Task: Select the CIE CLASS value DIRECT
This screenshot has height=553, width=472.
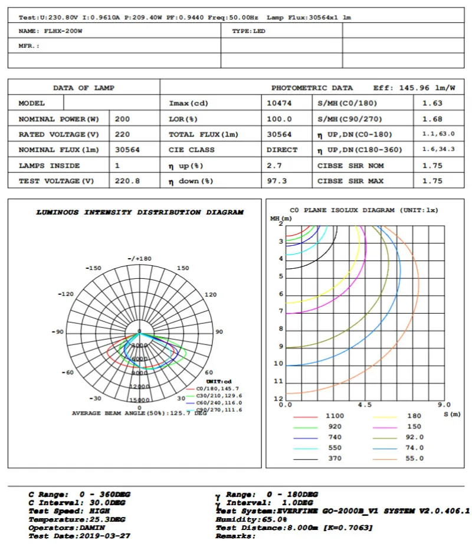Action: pyautogui.click(x=282, y=150)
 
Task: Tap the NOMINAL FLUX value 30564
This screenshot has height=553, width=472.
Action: pyautogui.click(x=127, y=150)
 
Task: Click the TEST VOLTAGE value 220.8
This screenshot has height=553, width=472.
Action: pyautogui.click(x=127, y=181)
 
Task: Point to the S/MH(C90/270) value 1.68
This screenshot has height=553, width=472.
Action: pyautogui.click(x=432, y=119)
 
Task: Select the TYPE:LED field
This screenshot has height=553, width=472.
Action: pyautogui.click(x=248, y=31)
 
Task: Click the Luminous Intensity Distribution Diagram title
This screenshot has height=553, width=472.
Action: pyautogui.click(x=140, y=213)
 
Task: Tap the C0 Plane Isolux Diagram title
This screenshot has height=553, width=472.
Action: pyautogui.click(x=364, y=210)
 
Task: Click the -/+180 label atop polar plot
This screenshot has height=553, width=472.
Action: pyautogui.click(x=140, y=259)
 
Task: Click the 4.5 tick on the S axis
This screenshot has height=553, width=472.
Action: pyautogui.click(x=365, y=405)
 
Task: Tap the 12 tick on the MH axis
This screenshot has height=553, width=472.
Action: pyautogui.click(x=278, y=399)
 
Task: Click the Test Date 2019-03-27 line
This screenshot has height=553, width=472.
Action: pyautogui.click(x=80, y=536)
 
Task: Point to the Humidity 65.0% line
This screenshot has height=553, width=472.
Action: pyautogui.click(x=251, y=519)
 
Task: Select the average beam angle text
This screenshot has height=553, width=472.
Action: pyautogui.click(x=139, y=413)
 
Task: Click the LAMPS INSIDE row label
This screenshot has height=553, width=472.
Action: pyautogui.click(x=49, y=166)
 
